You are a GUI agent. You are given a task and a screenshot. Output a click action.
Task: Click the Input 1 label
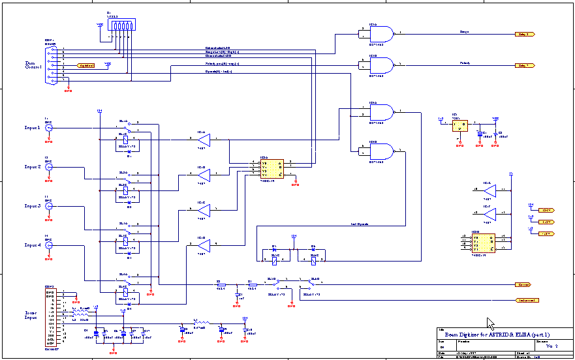click(x=33, y=128)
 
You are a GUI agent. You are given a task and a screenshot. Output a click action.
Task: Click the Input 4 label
click(x=33, y=245)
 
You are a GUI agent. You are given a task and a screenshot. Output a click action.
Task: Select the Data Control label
click(x=33, y=65)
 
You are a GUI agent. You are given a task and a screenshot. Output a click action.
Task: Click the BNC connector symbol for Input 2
click(x=48, y=167)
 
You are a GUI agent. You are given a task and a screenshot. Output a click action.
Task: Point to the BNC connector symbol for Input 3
click(x=48, y=206)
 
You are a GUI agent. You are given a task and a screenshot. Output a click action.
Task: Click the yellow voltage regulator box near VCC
click(x=460, y=125)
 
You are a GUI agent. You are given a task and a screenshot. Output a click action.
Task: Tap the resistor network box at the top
click(x=122, y=25)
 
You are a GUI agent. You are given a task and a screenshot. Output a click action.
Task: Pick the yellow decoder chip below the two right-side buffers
click(x=483, y=243)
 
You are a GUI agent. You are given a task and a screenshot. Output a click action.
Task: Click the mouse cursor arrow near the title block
click(x=490, y=323)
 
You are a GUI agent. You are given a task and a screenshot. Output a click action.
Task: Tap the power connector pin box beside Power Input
click(x=51, y=317)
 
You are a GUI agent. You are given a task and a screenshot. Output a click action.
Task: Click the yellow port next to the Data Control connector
click(x=85, y=65)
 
